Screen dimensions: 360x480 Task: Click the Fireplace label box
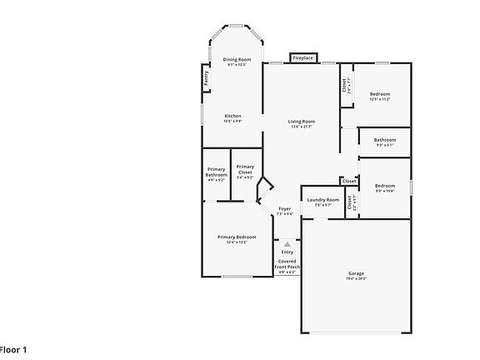[302, 58]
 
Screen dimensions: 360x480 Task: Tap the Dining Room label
[237, 60]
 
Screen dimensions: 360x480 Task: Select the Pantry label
[206, 77]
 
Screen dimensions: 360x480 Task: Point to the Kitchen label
[232, 116]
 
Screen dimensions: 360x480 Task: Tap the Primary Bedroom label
[237, 237]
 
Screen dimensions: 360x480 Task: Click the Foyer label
[285, 208]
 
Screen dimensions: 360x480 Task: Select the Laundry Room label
[322, 200]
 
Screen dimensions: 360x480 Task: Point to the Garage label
[356, 273]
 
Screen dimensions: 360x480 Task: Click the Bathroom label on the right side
[385, 140]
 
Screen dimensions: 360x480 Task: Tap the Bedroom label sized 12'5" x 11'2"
[380, 94]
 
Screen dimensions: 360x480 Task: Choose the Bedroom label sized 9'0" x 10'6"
[384, 186]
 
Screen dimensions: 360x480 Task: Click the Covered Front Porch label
[287, 266]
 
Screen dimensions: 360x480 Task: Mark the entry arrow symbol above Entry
[287, 244]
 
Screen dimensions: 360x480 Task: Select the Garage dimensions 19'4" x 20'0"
[356, 279]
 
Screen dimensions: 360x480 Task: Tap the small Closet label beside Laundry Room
[349, 181]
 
